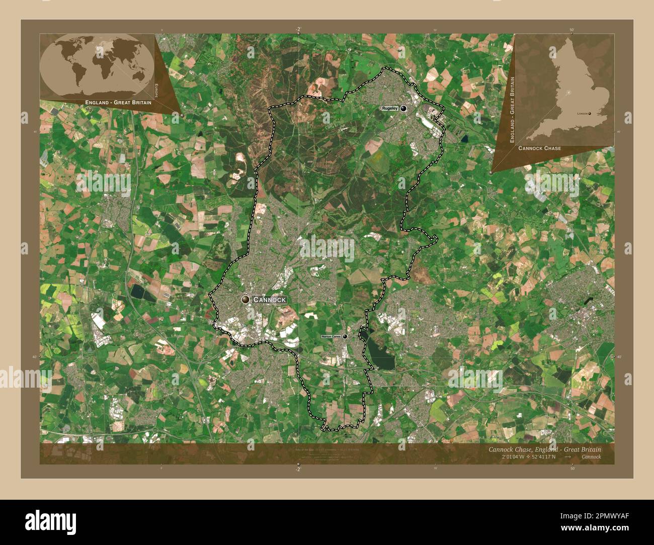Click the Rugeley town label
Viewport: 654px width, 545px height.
tap(389, 108)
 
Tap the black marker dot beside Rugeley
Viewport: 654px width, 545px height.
tap(403, 108)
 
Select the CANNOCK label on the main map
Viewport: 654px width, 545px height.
tap(270, 300)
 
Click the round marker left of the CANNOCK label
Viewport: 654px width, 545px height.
tap(246, 300)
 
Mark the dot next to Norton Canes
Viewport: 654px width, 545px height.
tap(345, 336)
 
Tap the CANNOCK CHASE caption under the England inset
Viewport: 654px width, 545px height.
tap(539, 149)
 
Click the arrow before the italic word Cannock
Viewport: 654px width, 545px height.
tap(567, 457)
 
